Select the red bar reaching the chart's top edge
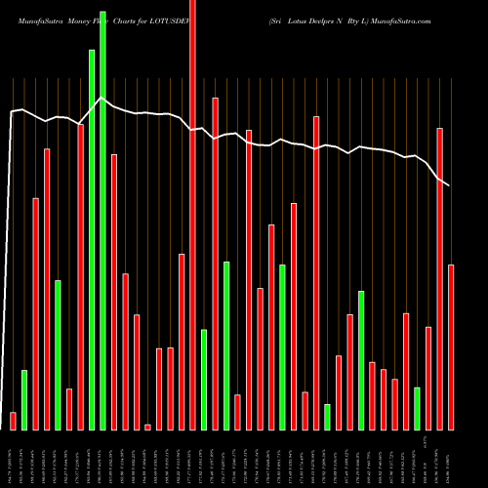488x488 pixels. pyautogui.click(x=192, y=215)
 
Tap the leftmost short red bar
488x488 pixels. pyautogui.click(x=13, y=421)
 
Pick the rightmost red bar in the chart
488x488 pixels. pyautogui.click(x=451, y=346)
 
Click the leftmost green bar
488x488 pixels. pyautogui.click(x=24, y=399)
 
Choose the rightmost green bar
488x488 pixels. pyautogui.click(x=417, y=408)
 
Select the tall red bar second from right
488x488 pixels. pyautogui.click(x=439, y=278)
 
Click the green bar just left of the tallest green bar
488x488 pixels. pyautogui.click(x=92, y=239)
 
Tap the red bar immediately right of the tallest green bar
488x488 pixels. pyautogui.click(x=114, y=292)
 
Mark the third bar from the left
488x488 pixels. pyautogui.click(x=36, y=313)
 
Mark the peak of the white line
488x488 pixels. pyautogui.click(x=99, y=98)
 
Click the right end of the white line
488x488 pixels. pyautogui.click(x=450, y=185)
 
